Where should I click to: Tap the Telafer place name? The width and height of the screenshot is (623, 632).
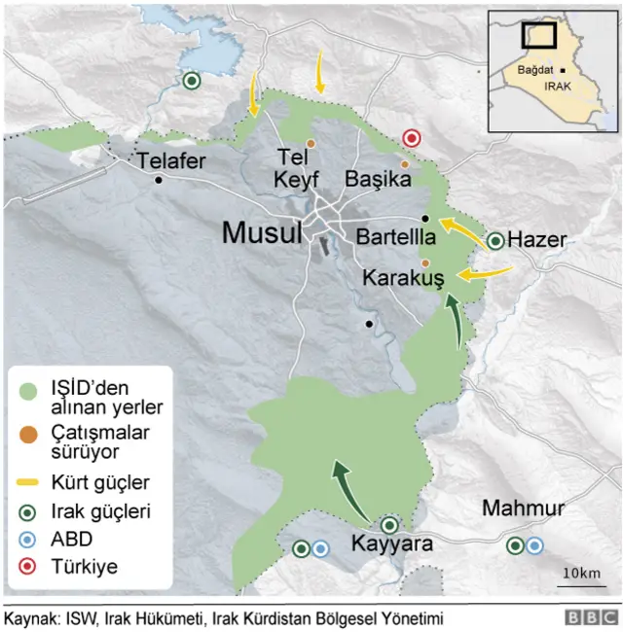point(171,161)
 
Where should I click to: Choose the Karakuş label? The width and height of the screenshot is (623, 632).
point(403,278)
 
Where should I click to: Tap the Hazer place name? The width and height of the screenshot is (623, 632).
point(537,239)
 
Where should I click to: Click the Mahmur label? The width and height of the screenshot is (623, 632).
point(523,509)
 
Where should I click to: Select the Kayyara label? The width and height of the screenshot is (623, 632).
point(391,544)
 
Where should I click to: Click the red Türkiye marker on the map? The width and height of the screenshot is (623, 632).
point(412,138)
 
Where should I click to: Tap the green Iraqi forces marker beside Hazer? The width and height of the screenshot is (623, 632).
point(495,240)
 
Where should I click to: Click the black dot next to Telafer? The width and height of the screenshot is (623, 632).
point(159,180)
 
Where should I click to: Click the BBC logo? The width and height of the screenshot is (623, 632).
point(591,617)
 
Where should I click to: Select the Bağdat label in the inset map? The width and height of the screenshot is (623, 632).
point(534,70)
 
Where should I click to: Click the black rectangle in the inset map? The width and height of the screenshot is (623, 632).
point(538,34)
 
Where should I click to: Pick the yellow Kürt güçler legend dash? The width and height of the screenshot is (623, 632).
point(29,481)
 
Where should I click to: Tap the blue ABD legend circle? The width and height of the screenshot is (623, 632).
point(29,538)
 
